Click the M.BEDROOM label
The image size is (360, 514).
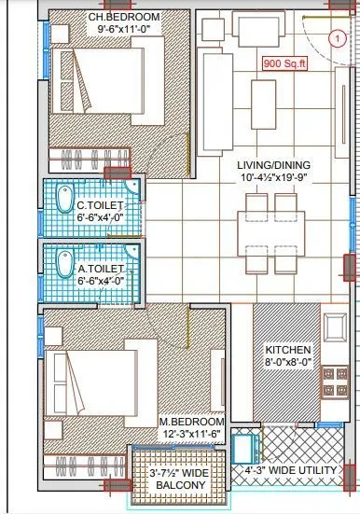[x=192, y=423]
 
